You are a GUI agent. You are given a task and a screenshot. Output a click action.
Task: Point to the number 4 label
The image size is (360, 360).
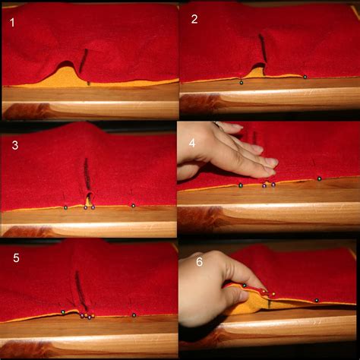pos(193,141)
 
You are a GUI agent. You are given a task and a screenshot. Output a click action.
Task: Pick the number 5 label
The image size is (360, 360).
pos(16,258)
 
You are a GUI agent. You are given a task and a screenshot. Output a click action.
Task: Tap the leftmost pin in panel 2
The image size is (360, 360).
pos(241,81)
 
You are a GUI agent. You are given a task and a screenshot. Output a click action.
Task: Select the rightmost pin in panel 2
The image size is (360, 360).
pos(305,77)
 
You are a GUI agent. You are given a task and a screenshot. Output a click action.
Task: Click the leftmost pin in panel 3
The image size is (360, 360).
pos(65,207)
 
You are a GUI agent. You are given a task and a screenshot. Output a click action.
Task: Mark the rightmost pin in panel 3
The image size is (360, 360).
pos(133,205)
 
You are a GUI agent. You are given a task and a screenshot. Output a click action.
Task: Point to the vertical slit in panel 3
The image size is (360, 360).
pos(87,178)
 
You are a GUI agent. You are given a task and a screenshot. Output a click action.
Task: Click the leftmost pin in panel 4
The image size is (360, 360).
pos(240,185)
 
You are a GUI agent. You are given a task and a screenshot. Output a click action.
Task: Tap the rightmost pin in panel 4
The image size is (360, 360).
pos(319,178)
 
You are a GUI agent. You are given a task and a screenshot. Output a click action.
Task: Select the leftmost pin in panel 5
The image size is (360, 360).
pos(62,311)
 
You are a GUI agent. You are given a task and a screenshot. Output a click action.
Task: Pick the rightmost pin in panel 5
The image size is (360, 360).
pos(134,314)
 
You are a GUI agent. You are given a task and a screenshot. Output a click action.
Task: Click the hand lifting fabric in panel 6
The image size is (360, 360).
pos(209,289)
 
